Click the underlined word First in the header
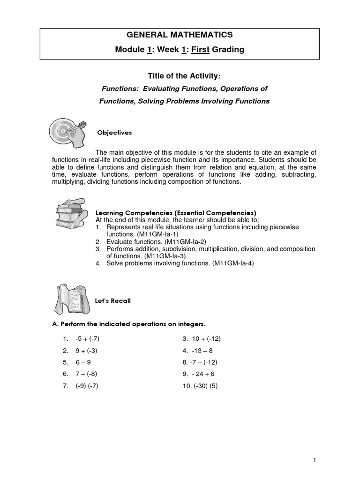(x=201, y=49)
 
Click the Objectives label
(x=114, y=133)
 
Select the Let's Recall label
(x=113, y=300)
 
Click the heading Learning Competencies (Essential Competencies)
(x=176, y=212)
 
